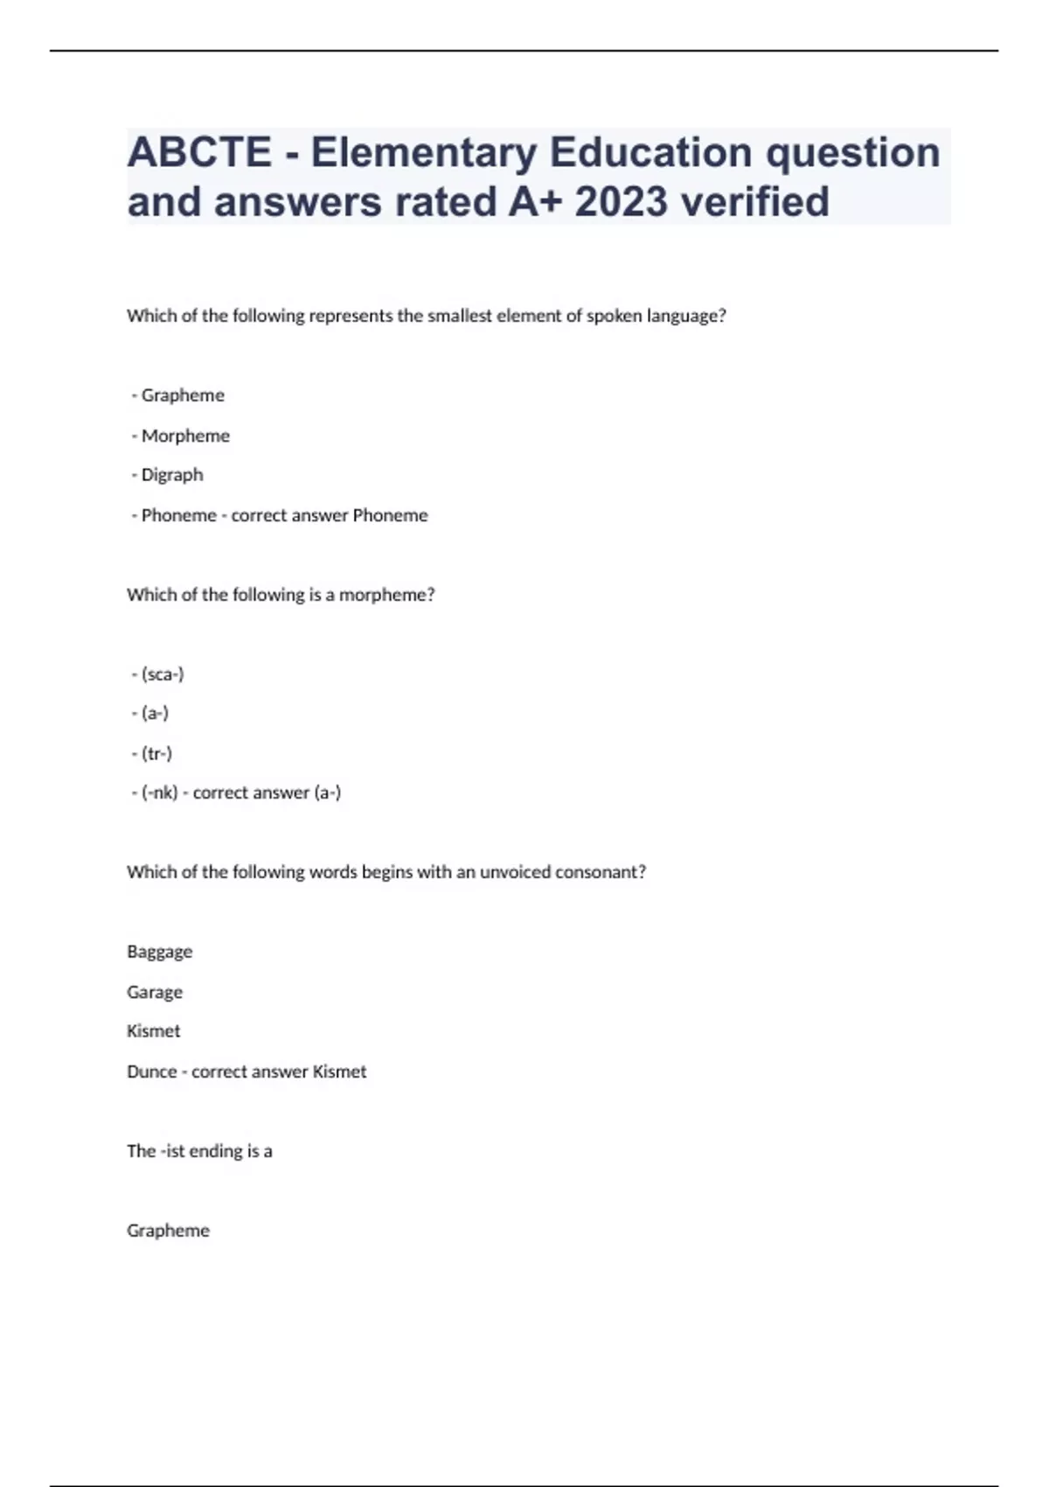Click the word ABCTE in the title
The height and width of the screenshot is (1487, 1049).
[x=199, y=152]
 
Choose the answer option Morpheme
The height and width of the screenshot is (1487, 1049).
[x=185, y=436]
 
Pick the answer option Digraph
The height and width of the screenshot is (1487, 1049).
[x=172, y=475]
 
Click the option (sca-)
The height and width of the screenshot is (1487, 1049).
[x=163, y=674]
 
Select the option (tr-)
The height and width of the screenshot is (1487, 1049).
[x=156, y=753]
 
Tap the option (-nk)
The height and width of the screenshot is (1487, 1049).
[x=159, y=792]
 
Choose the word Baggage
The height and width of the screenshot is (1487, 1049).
[x=159, y=952]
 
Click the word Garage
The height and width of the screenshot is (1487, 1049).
[x=155, y=992]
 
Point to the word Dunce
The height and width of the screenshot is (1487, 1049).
[x=152, y=1072]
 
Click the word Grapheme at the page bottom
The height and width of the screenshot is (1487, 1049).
[x=168, y=1231]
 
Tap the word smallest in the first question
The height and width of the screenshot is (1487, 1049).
[x=460, y=316]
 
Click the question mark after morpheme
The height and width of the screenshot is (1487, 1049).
[x=430, y=595]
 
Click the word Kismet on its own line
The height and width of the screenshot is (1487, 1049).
[x=153, y=1031]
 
